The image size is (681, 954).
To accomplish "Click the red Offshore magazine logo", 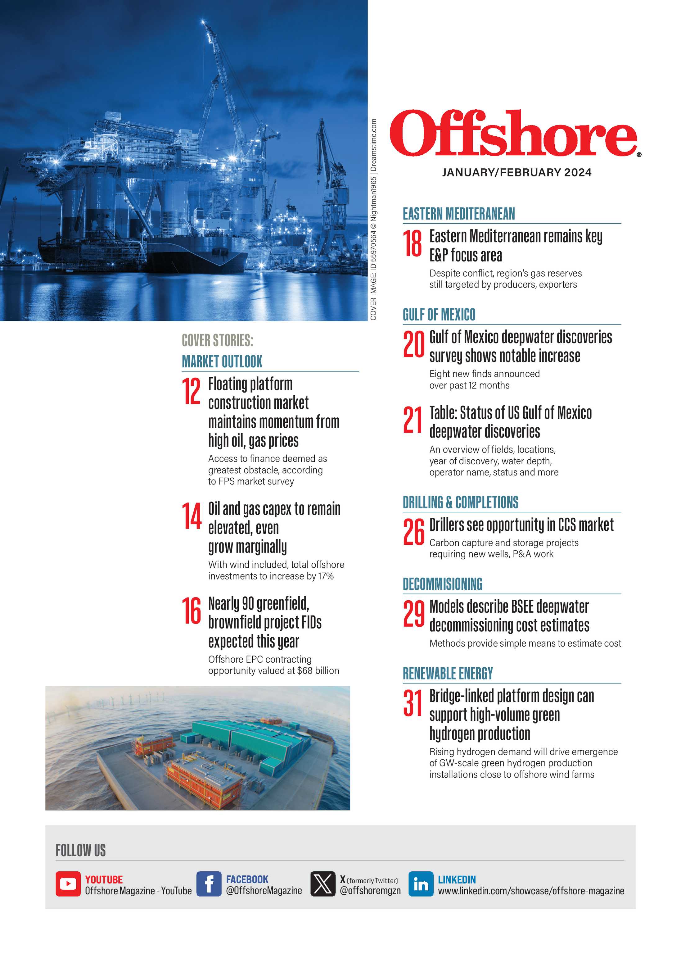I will click(514, 134).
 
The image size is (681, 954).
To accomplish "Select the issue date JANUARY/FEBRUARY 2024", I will click(516, 172).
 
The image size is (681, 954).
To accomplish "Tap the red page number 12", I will click(191, 391).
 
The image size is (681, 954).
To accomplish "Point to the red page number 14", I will click(192, 516).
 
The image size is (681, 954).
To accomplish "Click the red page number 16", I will click(192, 611).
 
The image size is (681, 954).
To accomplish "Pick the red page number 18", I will click(413, 244).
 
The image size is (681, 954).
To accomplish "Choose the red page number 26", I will click(413, 532).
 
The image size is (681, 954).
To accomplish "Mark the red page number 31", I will click(413, 703).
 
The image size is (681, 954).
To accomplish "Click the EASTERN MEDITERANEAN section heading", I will click(459, 214).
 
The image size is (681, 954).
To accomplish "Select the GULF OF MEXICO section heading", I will click(439, 315).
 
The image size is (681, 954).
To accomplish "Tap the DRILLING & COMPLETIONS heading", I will click(460, 502).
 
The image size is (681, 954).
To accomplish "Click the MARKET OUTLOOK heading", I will click(222, 361).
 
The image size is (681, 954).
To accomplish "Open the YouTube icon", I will click(68, 884).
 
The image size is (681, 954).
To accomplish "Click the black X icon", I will click(322, 884).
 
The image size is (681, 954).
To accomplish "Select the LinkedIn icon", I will click(421, 884).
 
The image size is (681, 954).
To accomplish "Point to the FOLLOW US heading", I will click(80, 850).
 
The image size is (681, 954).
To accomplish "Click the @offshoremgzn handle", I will click(370, 890).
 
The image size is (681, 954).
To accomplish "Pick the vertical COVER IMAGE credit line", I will click(373, 220).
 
